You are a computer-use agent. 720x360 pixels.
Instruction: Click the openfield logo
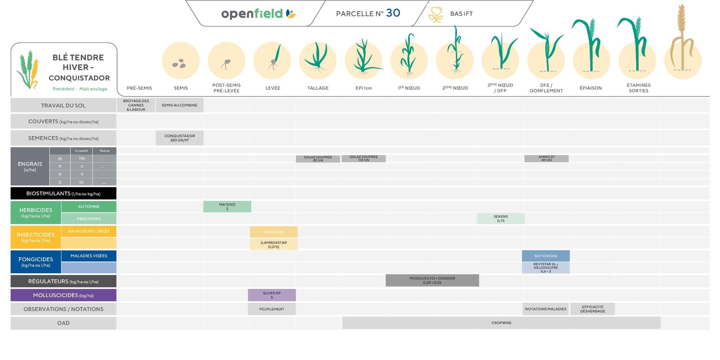(x=258, y=14)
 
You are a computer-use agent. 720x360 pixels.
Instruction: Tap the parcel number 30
(x=393, y=13)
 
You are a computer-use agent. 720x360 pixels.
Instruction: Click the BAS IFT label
(x=461, y=14)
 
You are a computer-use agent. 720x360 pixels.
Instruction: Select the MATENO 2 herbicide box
(x=227, y=207)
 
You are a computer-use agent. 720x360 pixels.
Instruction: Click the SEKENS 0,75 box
(x=500, y=219)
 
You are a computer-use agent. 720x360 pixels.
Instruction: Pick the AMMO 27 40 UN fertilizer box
(x=546, y=158)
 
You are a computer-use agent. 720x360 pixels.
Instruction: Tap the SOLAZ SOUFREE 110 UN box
(x=364, y=158)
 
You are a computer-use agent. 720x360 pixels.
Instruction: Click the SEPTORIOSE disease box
(x=545, y=256)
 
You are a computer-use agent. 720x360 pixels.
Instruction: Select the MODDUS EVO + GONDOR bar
(x=432, y=280)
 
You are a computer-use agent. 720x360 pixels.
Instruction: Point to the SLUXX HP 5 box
(x=272, y=295)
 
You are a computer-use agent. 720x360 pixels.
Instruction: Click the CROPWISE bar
(x=501, y=323)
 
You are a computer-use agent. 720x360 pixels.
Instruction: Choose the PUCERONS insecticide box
(x=274, y=232)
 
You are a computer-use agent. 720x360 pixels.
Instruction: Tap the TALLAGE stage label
(x=318, y=88)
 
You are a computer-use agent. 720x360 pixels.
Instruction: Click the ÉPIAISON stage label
(x=590, y=88)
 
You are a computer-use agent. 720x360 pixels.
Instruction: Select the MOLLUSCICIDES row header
(x=63, y=295)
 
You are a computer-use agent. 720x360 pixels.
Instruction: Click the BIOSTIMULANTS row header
(x=63, y=193)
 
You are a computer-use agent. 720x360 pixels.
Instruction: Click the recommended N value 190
(x=82, y=158)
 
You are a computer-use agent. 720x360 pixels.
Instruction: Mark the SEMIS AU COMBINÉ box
(x=179, y=105)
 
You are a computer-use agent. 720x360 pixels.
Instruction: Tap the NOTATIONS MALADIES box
(x=545, y=309)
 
